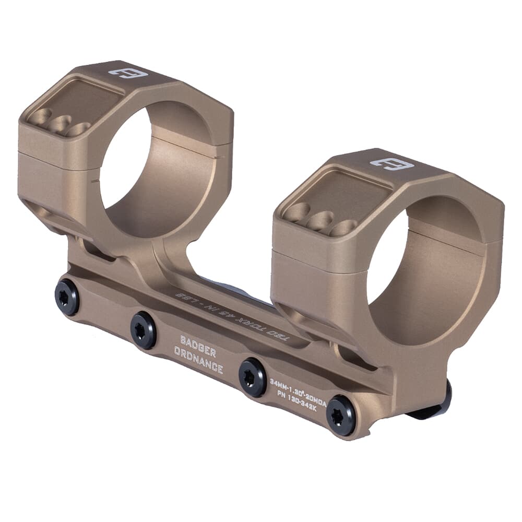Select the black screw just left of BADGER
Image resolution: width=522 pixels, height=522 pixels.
click(x=143, y=330)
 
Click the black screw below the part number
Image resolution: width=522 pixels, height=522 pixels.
click(x=340, y=415)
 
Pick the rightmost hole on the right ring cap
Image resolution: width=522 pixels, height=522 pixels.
click(x=342, y=228)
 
